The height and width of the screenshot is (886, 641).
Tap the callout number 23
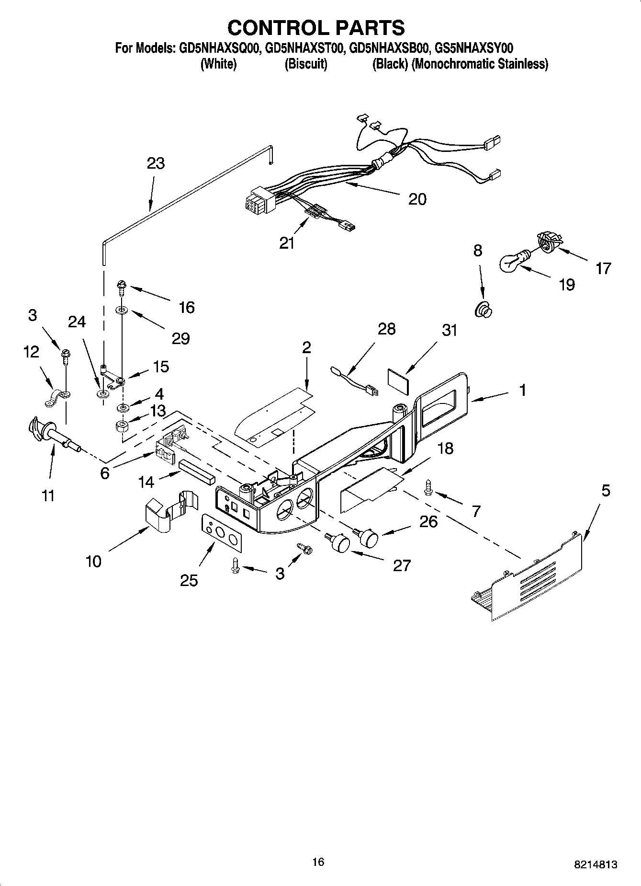pyautogui.click(x=156, y=163)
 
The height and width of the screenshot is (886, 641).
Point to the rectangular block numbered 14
pyautogui.click(x=197, y=472)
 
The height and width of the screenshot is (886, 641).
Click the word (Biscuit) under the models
pyautogui.click(x=306, y=64)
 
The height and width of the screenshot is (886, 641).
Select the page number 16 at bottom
pyautogui.click(x=318, y=862)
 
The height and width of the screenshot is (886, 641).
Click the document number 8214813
pyautogui.click(x=595, y=864)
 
